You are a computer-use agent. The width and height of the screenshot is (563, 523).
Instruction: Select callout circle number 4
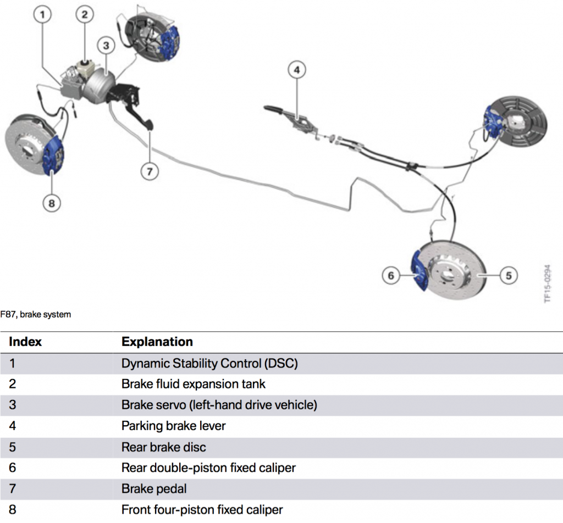tap(296, 70)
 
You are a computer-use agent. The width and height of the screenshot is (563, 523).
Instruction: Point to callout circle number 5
tap(509, 275)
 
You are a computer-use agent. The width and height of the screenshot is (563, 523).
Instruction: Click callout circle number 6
tap(391, 275)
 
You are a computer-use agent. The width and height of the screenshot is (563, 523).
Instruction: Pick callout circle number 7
tap(150, 171)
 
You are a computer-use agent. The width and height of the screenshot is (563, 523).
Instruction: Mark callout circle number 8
tap(52, 203)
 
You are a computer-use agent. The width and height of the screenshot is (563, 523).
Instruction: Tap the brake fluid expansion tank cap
tap(84, 59)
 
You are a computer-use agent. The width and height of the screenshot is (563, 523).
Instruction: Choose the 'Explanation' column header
tap(157, 342)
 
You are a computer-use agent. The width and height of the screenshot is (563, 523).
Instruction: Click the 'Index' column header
tap(25, 342)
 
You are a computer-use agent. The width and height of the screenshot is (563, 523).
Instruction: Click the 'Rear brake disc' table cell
tap(163, 447)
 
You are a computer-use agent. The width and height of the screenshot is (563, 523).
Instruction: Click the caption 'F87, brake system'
tap(36, 315)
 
